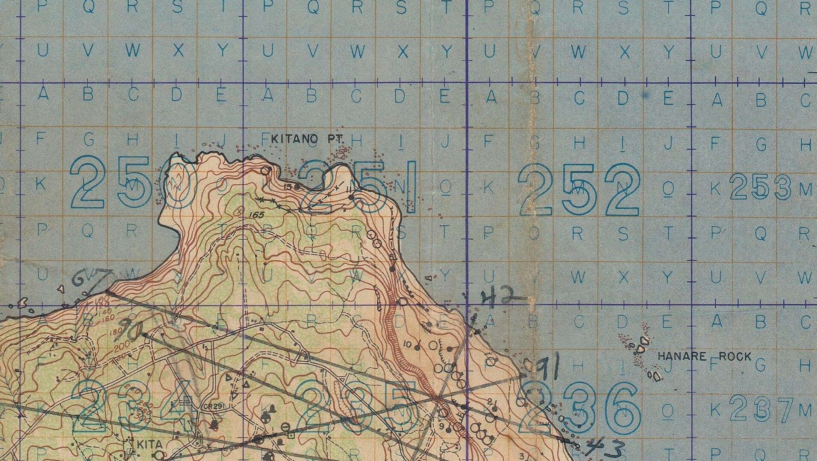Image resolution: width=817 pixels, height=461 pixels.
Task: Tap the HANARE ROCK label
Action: [x=704, y=357]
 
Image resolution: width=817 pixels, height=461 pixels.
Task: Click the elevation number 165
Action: [x=258, y=215]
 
